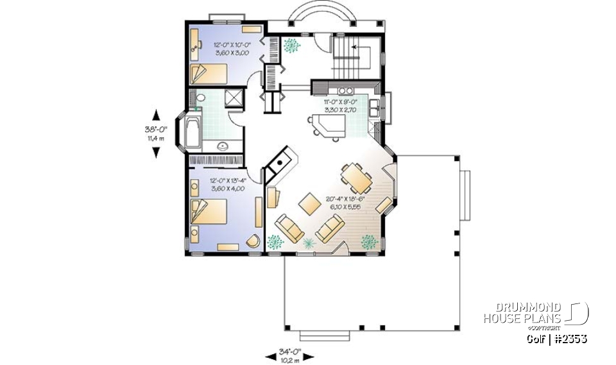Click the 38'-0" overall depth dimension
pos(155,133)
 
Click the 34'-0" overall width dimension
pos(289,354)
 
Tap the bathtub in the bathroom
pos(193,135)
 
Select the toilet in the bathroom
pos(199,98)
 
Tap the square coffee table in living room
pos(309,203)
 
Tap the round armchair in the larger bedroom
pos(253,241)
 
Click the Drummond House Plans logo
pos(536,314)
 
